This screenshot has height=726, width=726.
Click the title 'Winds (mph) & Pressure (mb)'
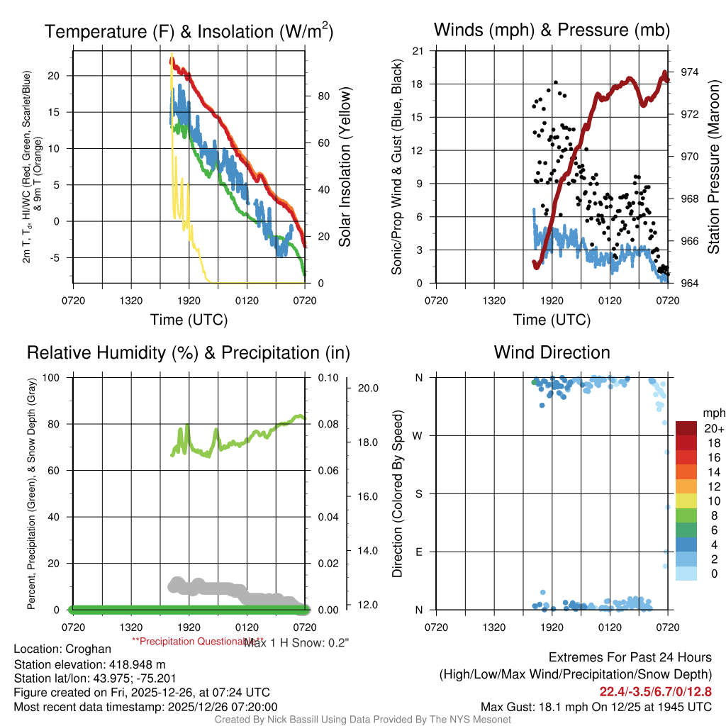point(552,30)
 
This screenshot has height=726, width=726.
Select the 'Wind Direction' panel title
point(552,352)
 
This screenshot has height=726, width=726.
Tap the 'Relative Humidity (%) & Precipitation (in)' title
point(188,352)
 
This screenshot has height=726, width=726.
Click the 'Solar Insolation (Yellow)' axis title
point(345,167)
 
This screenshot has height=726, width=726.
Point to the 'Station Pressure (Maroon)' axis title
point(713,167)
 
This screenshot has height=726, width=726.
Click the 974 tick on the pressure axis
point(689,72)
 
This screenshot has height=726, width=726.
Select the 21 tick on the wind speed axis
point(418,50)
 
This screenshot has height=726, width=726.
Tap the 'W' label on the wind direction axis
point(418,435)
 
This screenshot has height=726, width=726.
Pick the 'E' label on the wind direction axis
point(419,552)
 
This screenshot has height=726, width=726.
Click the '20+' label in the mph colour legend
point(713,429)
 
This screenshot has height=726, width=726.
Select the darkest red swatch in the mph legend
point(686,428)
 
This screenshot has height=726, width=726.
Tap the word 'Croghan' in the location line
point(88,649)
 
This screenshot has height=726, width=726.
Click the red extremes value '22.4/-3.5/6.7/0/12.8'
point(656,691)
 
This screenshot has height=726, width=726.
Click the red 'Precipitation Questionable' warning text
point(188,640)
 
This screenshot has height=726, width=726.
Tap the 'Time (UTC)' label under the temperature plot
point(189,320)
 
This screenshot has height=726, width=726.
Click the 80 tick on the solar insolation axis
point(322,95)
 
